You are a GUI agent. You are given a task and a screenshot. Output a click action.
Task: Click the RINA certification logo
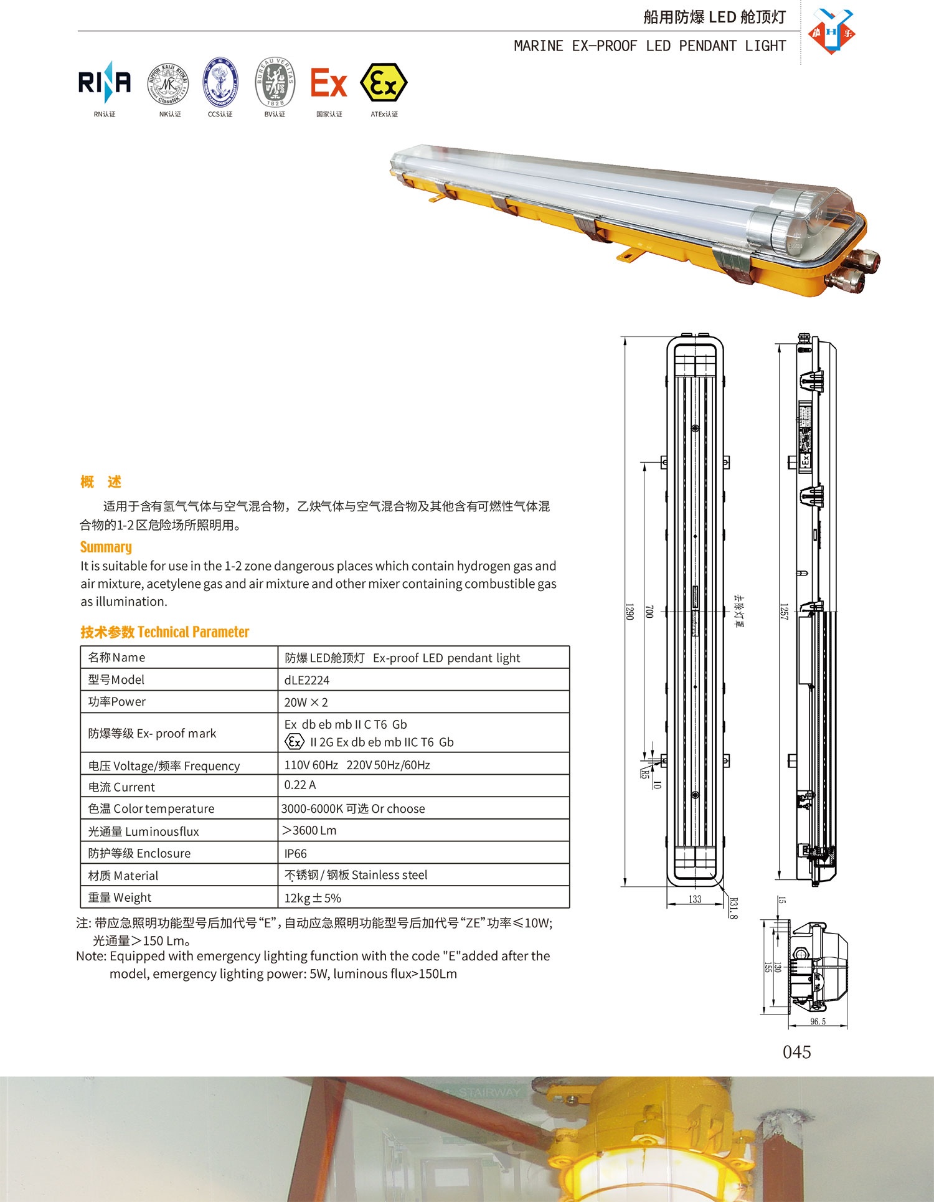pyautogui.click(x=104, y=82)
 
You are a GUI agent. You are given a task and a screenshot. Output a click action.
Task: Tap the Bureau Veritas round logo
pyautogui.click(x=275, y=82)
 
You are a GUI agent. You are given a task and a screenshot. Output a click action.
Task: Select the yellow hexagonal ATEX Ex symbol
pyautogui.click(x=384, y=83)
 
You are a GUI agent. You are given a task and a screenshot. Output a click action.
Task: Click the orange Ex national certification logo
pyautogui.click(x=328, y=83)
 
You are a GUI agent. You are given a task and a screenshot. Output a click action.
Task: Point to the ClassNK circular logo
pyautogui.click(x=167, y=84)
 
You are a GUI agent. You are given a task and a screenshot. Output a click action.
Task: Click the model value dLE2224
pyautogui.click(x=306, y=680)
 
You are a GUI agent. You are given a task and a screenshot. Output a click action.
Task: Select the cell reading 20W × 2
pyautogui.click(x=306, y=703)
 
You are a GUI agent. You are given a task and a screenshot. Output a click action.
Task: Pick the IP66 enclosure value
pyautogui.click(x=295, y=854)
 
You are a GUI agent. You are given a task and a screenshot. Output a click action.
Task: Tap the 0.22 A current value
pyautogui.click(x=300, y=785)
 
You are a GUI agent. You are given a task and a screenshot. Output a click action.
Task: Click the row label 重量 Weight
pyautogui.click(x=120, y=897)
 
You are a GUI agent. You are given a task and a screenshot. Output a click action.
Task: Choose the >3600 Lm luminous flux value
pyautogui.click(x=309, y=831)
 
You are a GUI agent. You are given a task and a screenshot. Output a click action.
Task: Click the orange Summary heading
pyautogui.click(x=106, y=547)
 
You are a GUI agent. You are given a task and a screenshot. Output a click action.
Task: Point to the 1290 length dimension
pyautogui.click(x=629, y=611)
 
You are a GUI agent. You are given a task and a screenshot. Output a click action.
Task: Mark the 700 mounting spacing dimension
pyautogui.click(x=649, y=611)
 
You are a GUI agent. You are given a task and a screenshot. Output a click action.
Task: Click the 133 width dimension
pyautogui.click(x=695, y=899)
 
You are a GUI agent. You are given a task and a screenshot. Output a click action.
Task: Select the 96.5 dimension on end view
pyautogui.click(x=818, y=1021)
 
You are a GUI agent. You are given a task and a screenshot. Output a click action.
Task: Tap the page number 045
pyautogui.click(x=796, y=1053)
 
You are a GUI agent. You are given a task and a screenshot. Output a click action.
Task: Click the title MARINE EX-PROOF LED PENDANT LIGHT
pyautogui.click(x=649, y=46)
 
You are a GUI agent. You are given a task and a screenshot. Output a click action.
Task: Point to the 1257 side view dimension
pyautogui.click(x=784, y=611)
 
